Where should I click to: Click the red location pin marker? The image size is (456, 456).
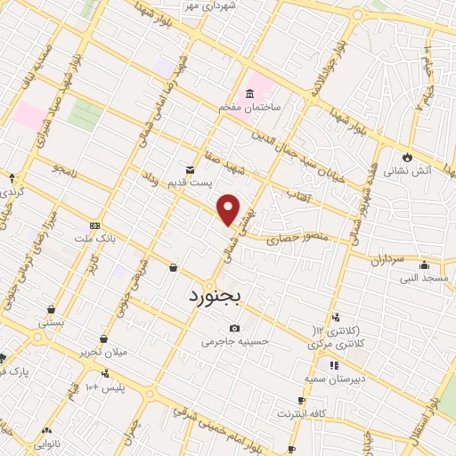pos(230,209)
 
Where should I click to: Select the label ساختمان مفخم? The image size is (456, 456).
pos(251,107)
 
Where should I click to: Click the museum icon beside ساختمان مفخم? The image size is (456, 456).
pos(249,94)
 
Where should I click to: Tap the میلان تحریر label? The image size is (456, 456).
pos(105,353)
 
